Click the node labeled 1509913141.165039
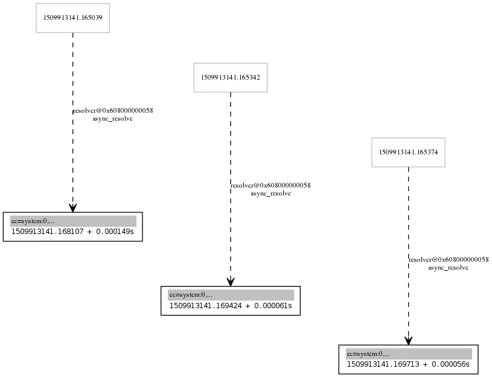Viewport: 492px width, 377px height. [x=73, y=18]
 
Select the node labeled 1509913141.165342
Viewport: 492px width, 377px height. [x=231, y=77]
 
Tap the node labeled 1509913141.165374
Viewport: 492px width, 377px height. [x=409, y=152]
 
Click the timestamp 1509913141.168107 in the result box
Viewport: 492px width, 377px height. [x=47, y=232]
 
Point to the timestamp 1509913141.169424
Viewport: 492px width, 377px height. [x=205, y=306]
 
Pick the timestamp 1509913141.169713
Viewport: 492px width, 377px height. [x=383, y=364]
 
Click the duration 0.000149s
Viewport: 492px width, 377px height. [x=115, y=232]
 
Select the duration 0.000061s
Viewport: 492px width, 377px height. [x=273, y=306]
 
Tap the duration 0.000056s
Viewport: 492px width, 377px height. [x=450, y=364]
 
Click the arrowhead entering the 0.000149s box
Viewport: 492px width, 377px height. [x=73, y=208]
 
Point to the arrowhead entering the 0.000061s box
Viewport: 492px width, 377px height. [x=231, y=282]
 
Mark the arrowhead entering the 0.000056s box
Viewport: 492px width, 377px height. [x=409, y=341]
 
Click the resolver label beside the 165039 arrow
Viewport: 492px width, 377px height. [x=113, y=111]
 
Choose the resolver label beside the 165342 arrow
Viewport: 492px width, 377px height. [x=271, y=185]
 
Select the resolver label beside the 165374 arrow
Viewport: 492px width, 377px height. [x=449, y=260]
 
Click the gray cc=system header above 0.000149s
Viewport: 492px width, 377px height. [x=73, y=221]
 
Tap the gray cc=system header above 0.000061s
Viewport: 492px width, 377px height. [x=231, y=295]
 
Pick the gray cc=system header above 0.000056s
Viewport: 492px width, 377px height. [x=409, y=354]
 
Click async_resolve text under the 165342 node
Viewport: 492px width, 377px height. [x=271, y=194]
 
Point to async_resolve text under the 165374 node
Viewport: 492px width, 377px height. [x=449, y=268]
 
